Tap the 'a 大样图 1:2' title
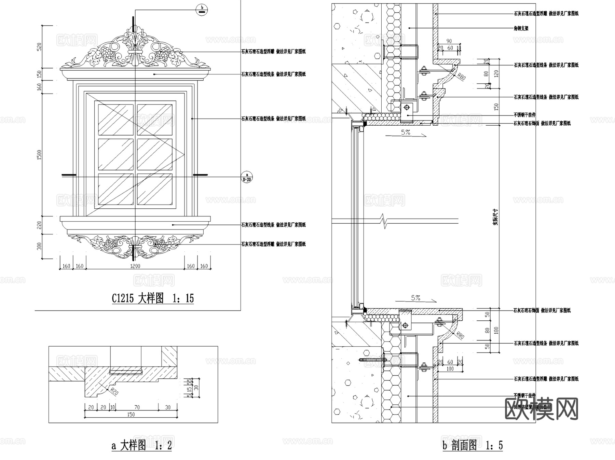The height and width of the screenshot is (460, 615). pyautogui.click(x=141, y=445)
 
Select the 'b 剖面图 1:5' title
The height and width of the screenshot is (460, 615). pyautogui.click(x=473, y=445)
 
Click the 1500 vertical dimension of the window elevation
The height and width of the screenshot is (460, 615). pyautogui.click(x=39, y=155)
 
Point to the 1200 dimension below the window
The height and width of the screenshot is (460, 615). pyautogui.click(x=135, y=266)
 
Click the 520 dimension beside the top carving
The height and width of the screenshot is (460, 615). pyautogui.click(x=39, y=47)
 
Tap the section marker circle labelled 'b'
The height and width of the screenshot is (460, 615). pyautogui.click(x=202, y=10)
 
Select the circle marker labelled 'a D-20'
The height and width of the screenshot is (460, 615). pyautogui.click(x=247, y=177)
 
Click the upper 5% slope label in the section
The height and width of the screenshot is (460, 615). pyautogui.click(x=406, y=132)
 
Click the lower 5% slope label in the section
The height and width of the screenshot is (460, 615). pyautogui.click(x=415, y=298)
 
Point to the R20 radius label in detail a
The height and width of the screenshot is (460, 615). pyautogui.click(x=114, y=392)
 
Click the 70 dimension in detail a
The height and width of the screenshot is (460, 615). pyautogui.click(x=137, y=407)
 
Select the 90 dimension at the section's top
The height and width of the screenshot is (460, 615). pyautogui.click(x=449, y=41)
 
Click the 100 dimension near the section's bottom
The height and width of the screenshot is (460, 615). pyautogui.click(x=450, y=369)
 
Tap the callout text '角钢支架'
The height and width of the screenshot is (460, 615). pyautogui.click(x=521, y=28)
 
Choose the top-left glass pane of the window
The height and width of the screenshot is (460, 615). pyautogui.click(x=116, y=120)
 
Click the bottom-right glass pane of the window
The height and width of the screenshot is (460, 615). pyautogui.click(x=154, y=189)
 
